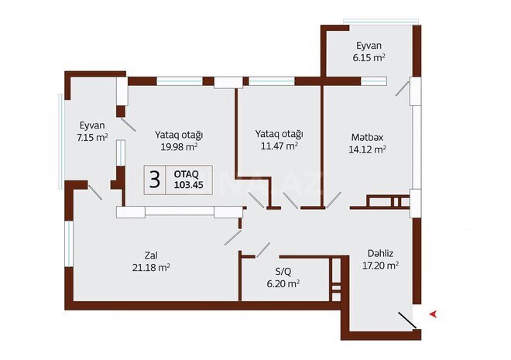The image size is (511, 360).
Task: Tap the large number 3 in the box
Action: tap(155, 180)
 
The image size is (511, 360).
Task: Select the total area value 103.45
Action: tap(188, 186)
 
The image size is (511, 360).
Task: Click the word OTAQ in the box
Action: tap(187, 174)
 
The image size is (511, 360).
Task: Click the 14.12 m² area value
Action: tap(369, 150)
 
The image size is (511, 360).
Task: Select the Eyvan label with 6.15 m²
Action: tap(368, 45)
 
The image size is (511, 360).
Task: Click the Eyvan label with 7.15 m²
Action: tap(91, 125)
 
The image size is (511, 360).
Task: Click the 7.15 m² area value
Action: tap(91, 137)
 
